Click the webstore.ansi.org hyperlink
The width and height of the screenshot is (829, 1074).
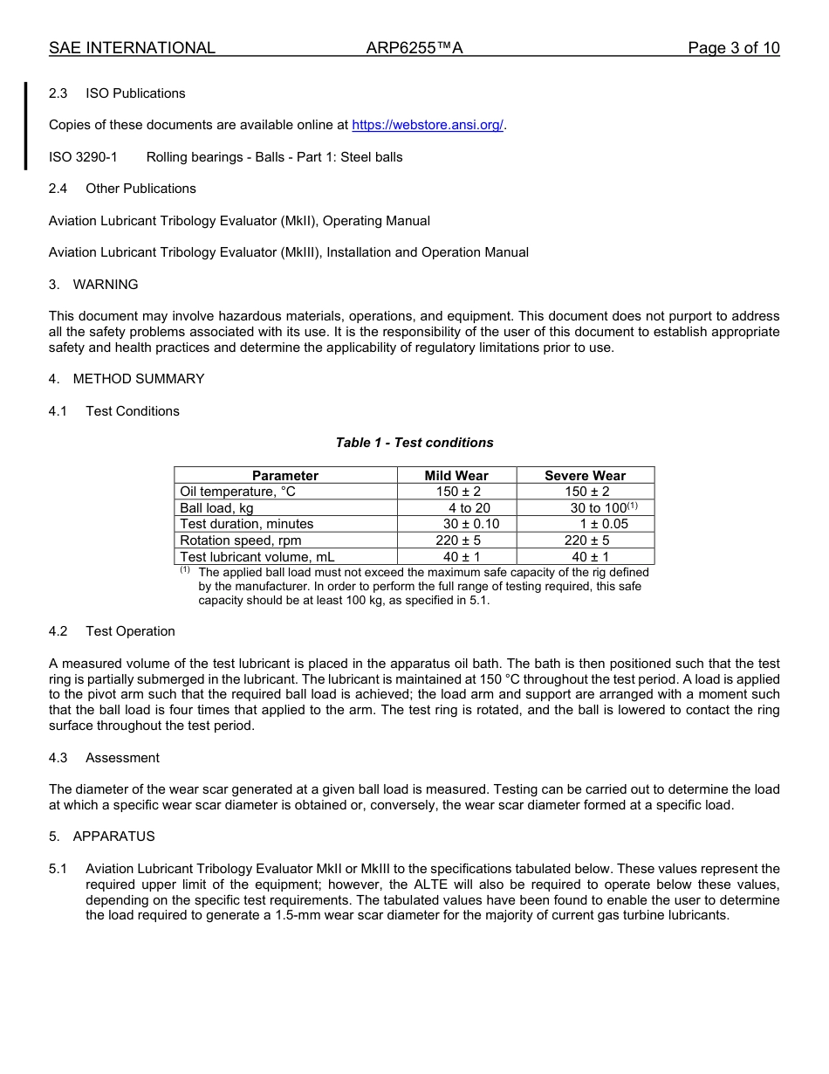(x=428, y=125)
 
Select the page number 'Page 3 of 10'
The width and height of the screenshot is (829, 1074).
(x=733, y=48)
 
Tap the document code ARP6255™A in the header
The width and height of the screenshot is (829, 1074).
(x=414, y=48)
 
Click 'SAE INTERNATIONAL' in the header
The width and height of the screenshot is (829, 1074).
(x=132, y=48)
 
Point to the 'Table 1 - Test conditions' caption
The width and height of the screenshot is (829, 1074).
(x=414, y=443)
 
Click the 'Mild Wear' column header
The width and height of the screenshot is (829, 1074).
(x=456, y=476)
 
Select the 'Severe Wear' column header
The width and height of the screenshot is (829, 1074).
(x=585, y=476)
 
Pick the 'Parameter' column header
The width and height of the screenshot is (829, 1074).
(x=285, y=476)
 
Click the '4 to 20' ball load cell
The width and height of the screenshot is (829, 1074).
(x=469, y=508)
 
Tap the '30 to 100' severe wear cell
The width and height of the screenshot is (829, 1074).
(x=599, y=508)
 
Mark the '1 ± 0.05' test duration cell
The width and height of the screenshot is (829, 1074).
(x=604, y=524)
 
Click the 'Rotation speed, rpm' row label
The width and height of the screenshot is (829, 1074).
(x=240, y=540)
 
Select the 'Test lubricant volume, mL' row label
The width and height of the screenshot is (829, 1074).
(x=257, y=557)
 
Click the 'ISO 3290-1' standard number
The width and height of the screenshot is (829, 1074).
(x=83, y=157)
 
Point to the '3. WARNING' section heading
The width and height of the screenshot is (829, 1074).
(x=93, y=285)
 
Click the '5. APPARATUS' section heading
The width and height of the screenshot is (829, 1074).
(x=102, y=836)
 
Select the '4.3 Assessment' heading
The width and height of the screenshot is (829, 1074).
(x=104, y=758)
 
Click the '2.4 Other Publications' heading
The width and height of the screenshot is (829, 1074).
(x=122, y=189)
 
